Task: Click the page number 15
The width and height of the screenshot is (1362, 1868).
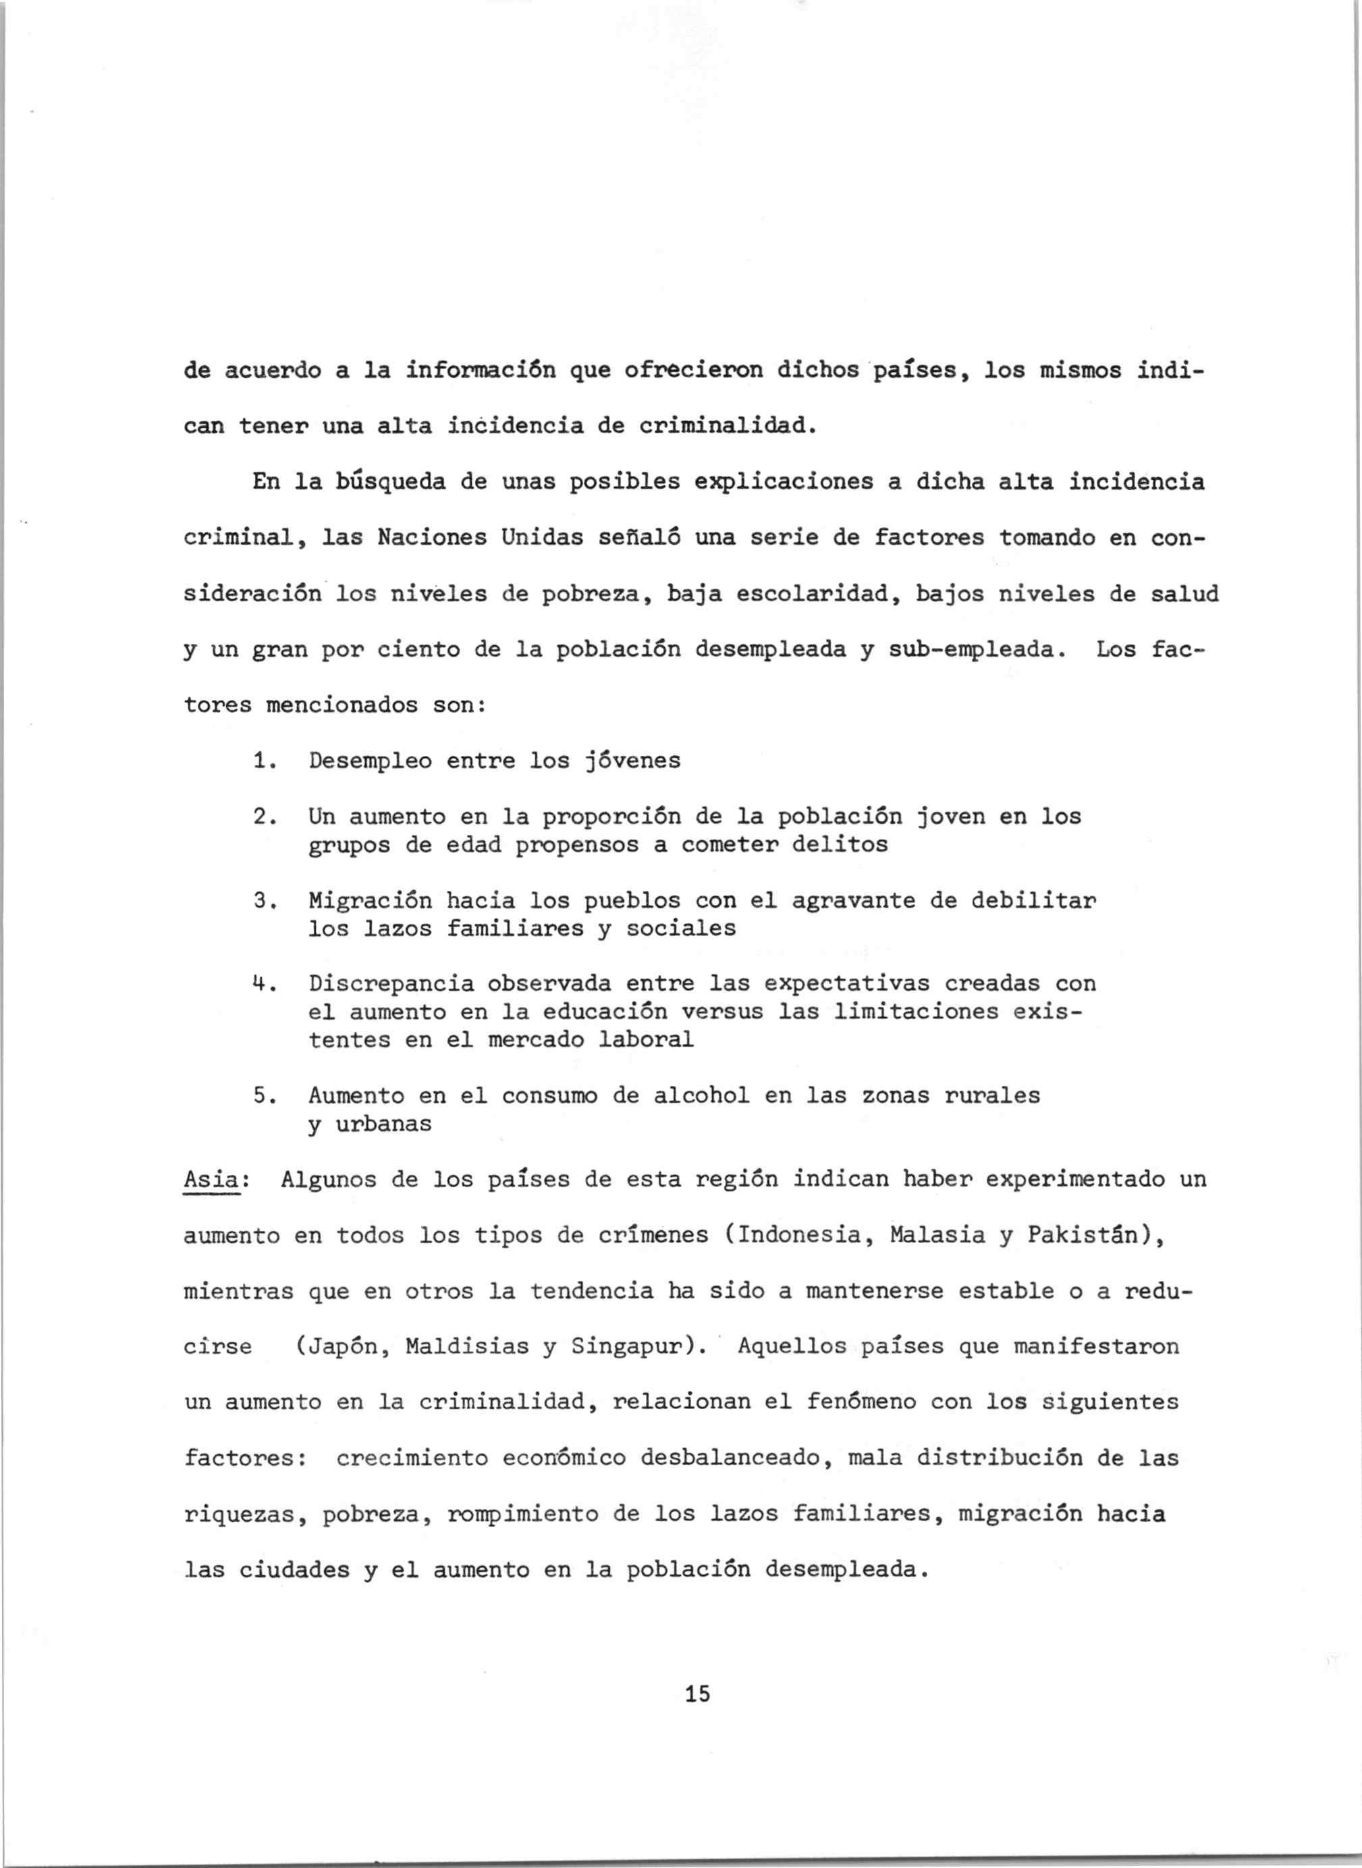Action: click(697, 1693)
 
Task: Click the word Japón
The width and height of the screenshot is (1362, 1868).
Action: click(337, 1346)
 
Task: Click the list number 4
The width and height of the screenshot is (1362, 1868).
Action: click(259, 983)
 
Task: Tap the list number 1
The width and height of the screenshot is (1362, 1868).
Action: click(259, 760)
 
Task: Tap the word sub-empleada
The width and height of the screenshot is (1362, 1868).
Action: click(972, 650)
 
